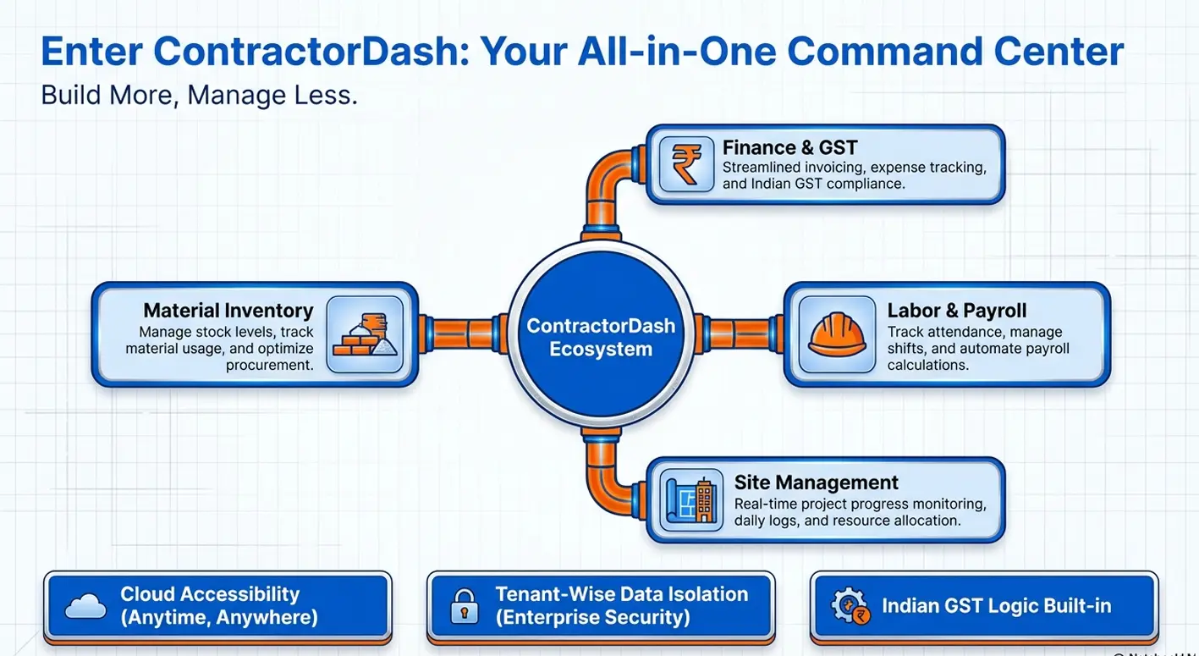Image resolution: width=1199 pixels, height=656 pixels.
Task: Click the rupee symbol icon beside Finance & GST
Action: [686, 164]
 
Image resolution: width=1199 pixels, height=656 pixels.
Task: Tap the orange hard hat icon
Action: [837, 334]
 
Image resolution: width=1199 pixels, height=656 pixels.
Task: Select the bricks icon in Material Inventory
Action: [365, 334]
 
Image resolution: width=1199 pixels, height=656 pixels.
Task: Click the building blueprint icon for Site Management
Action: [691, 500]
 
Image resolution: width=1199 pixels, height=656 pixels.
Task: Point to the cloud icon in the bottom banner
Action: [85, 606]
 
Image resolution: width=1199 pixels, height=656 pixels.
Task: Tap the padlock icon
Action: [464, 606]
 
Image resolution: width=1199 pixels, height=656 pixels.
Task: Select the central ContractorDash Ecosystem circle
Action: [601, 334]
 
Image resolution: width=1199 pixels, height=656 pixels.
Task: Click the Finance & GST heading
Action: [789, 147]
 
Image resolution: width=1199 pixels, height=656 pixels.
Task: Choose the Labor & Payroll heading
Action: [956, 311]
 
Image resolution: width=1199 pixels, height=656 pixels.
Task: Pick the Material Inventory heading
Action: [228, 311]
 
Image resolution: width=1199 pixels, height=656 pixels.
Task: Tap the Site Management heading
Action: [816, 482]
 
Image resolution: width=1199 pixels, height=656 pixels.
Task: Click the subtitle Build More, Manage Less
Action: [199, 96]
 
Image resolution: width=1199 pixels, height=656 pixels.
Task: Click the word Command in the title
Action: [885, 52]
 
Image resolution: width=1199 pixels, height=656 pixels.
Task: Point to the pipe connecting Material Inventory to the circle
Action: [463, 334]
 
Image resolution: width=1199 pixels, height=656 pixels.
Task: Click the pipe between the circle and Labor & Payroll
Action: [739, 334]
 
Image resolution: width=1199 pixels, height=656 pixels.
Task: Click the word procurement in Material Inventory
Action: [269, 365]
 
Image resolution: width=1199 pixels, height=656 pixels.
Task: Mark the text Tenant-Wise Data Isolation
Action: [621, 594]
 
